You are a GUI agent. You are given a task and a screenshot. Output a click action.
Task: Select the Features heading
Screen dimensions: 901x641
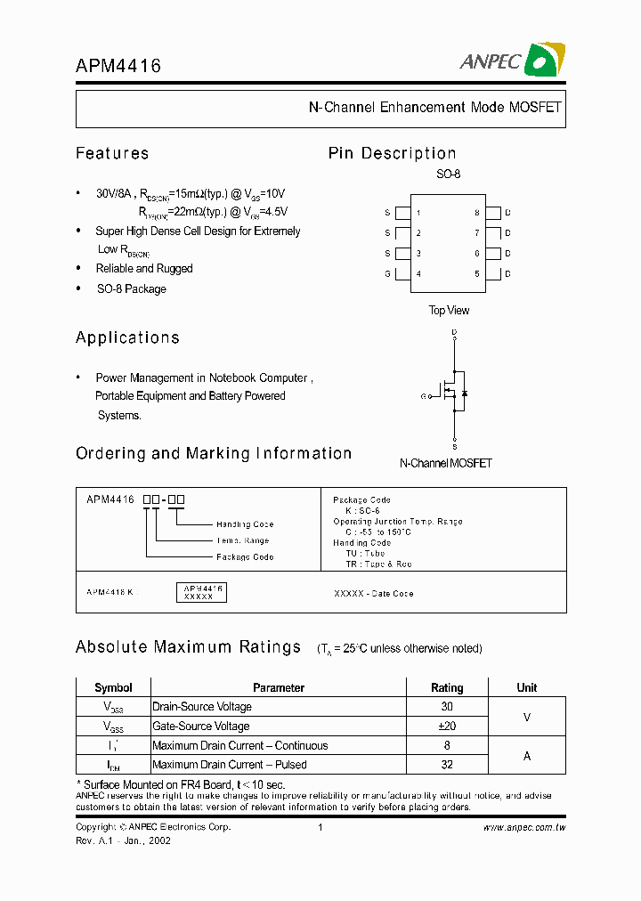pyautogui.click(x=112, y=153)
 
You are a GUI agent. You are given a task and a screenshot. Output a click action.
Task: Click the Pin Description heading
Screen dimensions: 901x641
pyautogui.click(x=392, y=153)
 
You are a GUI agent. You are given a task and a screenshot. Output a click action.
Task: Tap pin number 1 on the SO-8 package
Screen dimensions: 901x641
pyautogui.click(x=418, y=214)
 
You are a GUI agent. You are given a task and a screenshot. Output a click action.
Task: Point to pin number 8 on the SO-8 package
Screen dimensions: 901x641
pyautogui.click(x=476, y=214)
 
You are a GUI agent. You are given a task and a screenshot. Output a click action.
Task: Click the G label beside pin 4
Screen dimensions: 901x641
pyautogui.click(x=387, y=273)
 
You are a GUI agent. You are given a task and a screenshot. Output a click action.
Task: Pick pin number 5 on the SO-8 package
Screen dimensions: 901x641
pyautogui.click(x=476, y=273)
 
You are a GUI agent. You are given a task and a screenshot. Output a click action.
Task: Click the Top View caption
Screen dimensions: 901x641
pyautogui.click(x=449, y=311)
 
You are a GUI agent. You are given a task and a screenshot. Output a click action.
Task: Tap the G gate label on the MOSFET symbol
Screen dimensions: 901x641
pyautogui.click(x=424, y=395)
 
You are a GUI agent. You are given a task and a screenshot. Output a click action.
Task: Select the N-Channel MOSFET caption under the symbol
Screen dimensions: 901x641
pyautogui.click(x=445, y=463)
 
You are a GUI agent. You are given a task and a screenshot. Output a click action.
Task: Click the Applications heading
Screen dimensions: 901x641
pyautogui.click(x=127, y=337)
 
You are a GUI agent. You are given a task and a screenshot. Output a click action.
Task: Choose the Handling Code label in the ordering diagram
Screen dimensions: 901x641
pyautogui.click(x=245, y=524)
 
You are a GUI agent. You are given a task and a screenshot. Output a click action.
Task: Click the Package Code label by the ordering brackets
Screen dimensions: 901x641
pyautogui.click(x=245, y=557)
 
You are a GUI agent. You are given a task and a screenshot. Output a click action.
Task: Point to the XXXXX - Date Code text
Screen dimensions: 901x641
pyautogui.click(x=373, y=594)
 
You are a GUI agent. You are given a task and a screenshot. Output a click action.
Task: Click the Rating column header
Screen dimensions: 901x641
pyautogui.click(x=447, y=687)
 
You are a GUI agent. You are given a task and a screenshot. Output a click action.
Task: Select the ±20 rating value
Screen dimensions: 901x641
pyautogui.click(x=447, y=726)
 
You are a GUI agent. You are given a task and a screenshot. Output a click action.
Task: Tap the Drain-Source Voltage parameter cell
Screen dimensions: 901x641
pyautogui.click(x=202, y=707)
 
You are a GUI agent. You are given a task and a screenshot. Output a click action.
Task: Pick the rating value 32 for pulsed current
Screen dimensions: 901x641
pyautogui.click(x=447, y=765)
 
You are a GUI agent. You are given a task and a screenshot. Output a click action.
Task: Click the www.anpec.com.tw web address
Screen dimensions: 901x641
pyautogui.click(x=524, y=828)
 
